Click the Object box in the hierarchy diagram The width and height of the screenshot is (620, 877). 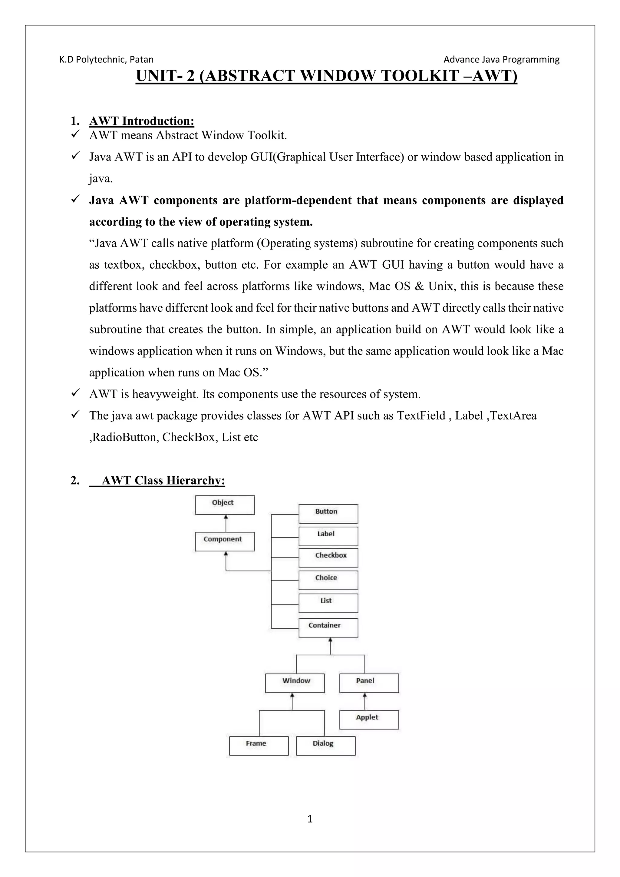pyautogui.click(x=225, y=505)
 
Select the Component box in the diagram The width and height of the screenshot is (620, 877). pyautogui.click(x=225, y=542)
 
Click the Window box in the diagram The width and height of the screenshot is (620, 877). pyautogui.click(x=295, y=683)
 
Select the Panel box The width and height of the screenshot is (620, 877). pyautogui.click(x=369, y=683)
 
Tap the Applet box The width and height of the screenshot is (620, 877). pyautogui.click(x=369, y=720)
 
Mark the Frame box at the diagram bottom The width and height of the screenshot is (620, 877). pyautogui.click(x=259, y=746)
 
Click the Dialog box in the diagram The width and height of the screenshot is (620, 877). pyautogui.click(x=326, y=746)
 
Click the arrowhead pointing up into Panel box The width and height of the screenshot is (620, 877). pyautogui.click(x=365, y=696)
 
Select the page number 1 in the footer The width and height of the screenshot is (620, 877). pyautogui.click(x=310, y=819)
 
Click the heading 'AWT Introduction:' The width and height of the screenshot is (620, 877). pyautogui.click(x=142, y=121)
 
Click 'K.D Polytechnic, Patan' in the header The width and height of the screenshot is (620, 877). pyautogui.click(x=107, y=60)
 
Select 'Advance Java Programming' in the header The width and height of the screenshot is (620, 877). pyautogui.click(x=501, y=60)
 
